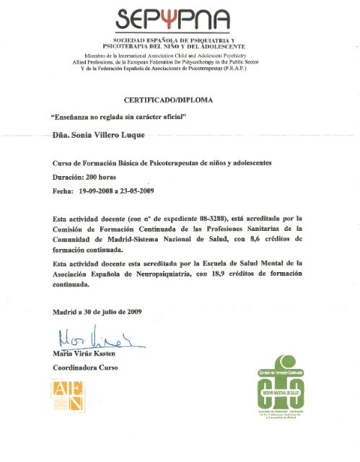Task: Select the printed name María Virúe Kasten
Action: click(x=84, y=354)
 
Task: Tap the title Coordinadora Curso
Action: click(x=85, y=367)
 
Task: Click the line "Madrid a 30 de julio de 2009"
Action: click(x=97, y=312)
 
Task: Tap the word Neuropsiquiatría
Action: click(x=174, y=274)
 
